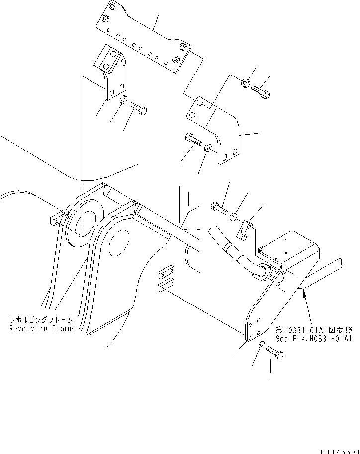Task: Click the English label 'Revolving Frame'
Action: click(x=41, y=328)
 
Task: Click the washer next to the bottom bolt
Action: click(x=261, y=345)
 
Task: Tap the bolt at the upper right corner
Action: click(x=261, y=91)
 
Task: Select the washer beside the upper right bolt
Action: click(x=246, y=83)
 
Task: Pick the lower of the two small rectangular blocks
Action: click(x=165, y=287)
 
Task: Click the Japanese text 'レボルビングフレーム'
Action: click(x=41, y=321)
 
